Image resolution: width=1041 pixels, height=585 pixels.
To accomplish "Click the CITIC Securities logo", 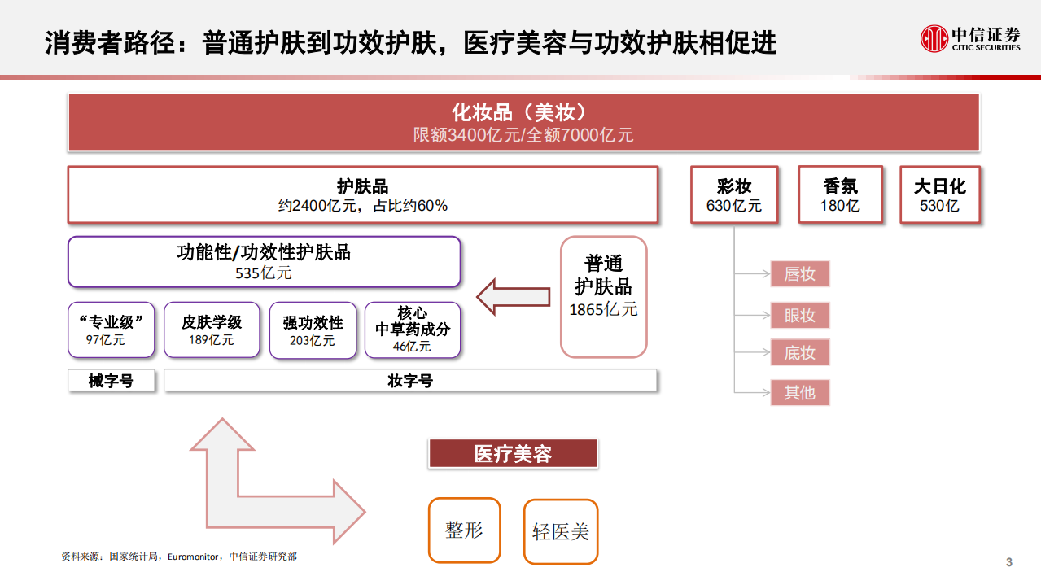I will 970,38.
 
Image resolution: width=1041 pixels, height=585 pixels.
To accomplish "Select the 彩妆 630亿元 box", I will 733,194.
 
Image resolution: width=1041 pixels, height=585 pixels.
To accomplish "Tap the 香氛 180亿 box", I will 840,194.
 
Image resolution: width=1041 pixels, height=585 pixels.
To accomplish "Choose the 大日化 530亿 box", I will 939,194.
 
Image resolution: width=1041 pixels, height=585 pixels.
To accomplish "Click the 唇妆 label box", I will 799,274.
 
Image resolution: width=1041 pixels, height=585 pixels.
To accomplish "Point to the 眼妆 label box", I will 799,315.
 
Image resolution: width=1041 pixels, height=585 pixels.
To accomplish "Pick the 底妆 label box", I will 799,353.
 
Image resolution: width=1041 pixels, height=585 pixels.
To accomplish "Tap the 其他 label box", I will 799,393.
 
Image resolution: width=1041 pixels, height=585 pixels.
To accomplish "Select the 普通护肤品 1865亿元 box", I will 603,297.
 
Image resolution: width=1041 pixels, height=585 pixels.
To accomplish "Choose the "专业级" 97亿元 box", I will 111,330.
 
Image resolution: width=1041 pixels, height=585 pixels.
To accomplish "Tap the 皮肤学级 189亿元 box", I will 212,330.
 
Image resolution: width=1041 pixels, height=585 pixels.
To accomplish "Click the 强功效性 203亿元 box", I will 313,330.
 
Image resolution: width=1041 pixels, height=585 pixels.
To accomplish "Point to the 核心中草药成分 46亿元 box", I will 412,330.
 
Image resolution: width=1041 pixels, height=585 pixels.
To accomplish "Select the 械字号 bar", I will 111,381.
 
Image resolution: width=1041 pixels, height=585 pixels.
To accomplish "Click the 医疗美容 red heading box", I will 513,453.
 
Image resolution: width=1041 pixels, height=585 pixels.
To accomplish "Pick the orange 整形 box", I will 464,530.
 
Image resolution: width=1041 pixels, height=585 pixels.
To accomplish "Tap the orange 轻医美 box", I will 560,531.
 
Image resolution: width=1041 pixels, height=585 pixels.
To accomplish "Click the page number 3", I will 1009,562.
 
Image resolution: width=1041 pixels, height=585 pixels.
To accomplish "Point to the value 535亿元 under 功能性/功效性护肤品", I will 263,273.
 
